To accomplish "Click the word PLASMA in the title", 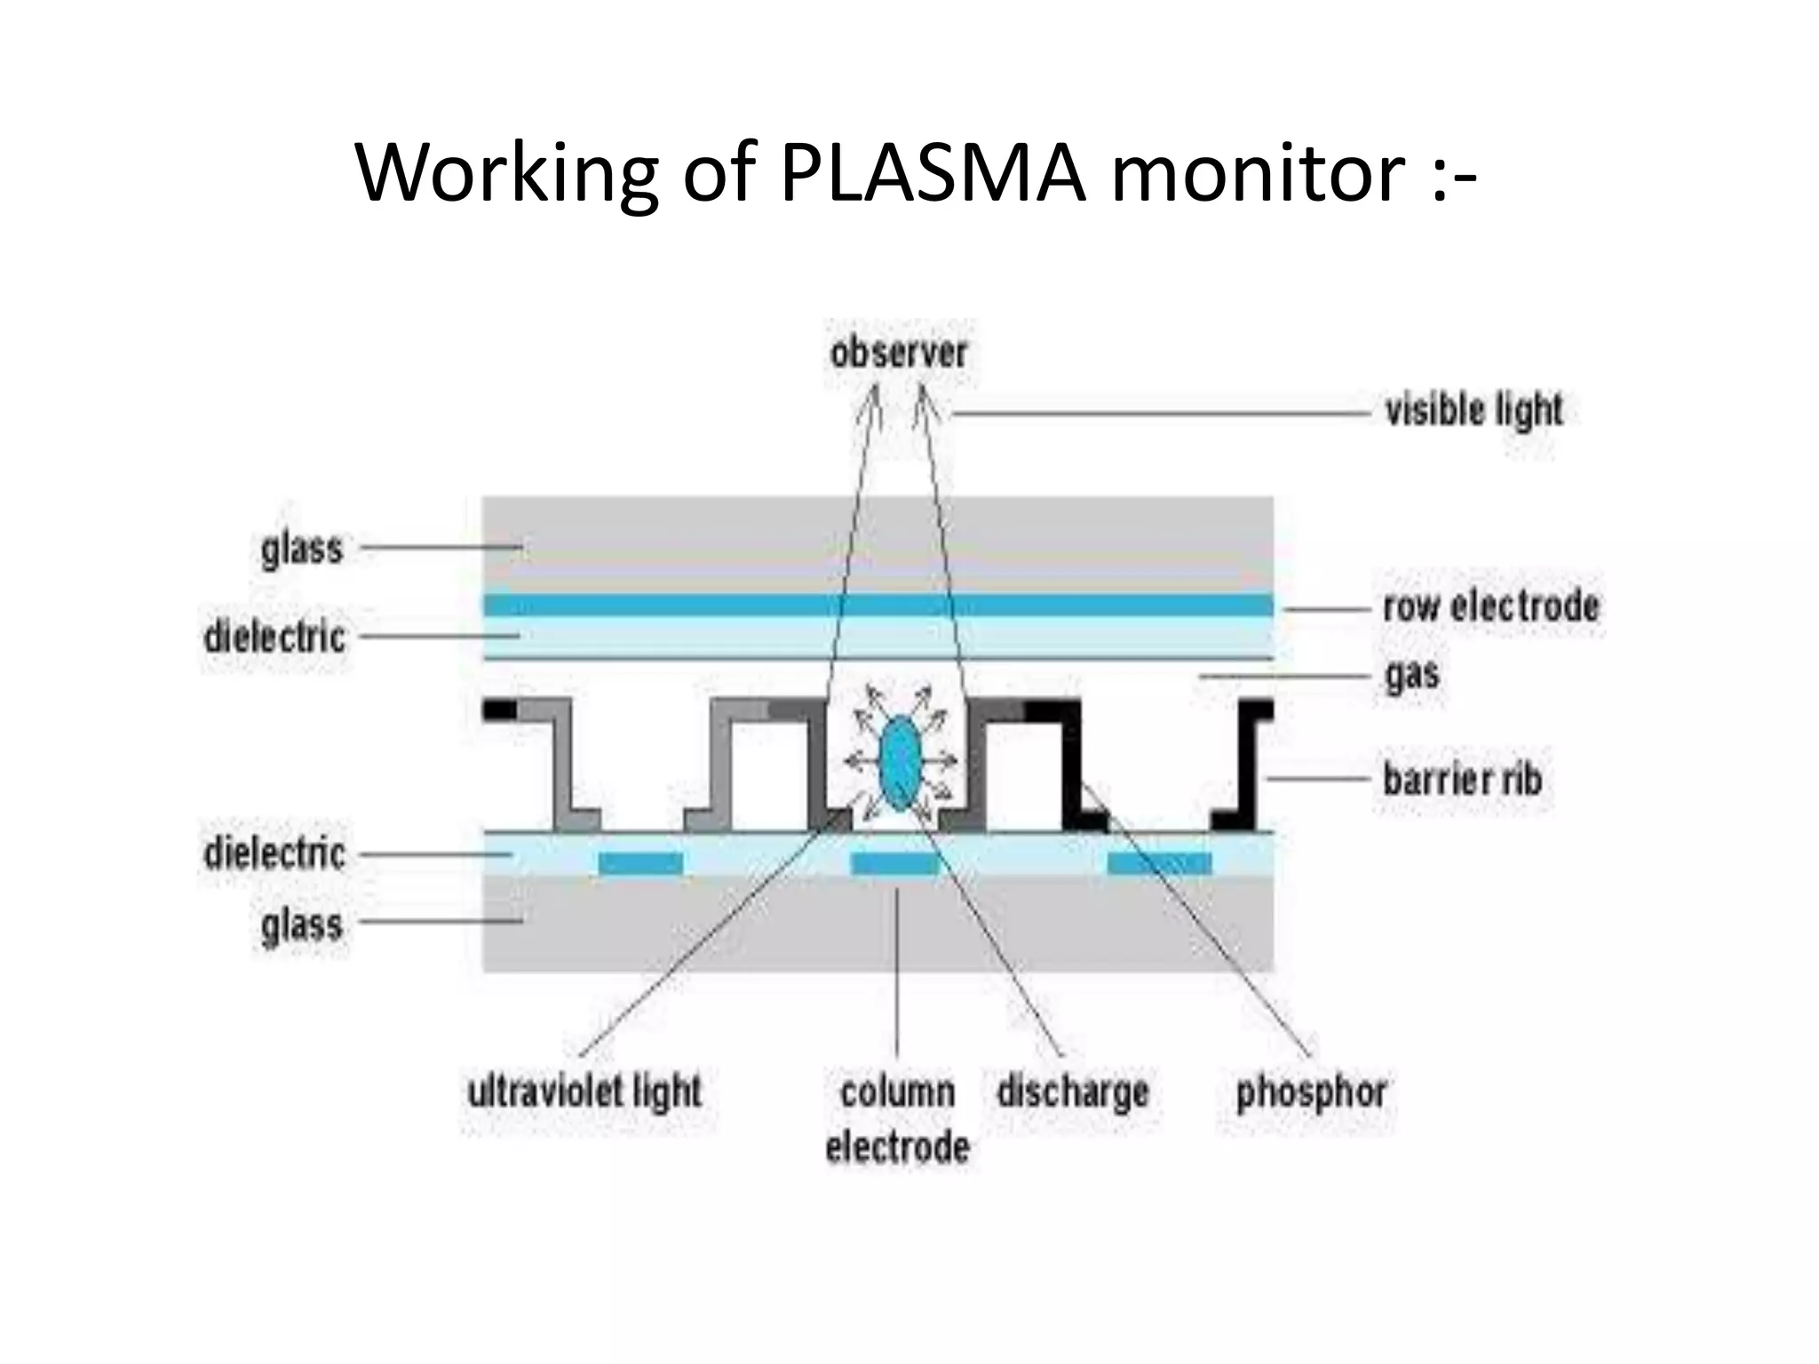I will point(933,173).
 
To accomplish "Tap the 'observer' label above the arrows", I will point(898,353).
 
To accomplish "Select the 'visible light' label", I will point(1473,411).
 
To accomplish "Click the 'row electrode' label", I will point(1490,607).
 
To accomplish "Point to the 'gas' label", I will point(1412,675).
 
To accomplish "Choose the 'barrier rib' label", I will point(1462,780).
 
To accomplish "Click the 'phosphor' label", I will point(1311,1092).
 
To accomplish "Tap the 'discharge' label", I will point(1072,1092).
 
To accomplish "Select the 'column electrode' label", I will point(897,1119).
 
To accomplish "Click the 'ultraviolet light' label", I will point(584,1092).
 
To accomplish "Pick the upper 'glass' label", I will point(302,549).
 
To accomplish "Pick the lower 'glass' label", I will point(302,924).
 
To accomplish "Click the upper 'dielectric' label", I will point(274,637).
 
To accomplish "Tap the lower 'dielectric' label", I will point(274,853).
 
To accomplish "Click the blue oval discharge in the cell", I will point(899,762).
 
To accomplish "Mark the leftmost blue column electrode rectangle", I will point(640,863).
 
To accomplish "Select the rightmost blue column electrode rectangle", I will point(1160,863).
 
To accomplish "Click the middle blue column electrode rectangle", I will point(894,863).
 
